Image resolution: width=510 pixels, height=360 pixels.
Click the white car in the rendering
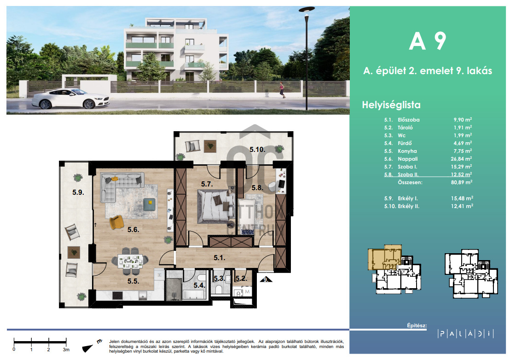(x=70, y=99)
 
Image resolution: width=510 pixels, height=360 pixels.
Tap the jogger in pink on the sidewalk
(x=282, y=90)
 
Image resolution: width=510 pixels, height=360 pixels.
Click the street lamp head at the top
(x=307, y=9)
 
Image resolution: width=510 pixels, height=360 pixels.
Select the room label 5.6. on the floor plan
(x=133, y=230)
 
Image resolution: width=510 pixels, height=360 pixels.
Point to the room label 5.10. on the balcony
(x=257, y=150)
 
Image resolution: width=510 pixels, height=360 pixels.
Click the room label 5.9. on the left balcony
(x=78, y=192)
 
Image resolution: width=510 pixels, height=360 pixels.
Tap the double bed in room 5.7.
(x=216, y=207)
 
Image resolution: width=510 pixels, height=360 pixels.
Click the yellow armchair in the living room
(x=116, y=222)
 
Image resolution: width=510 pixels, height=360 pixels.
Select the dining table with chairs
(x=130, y=261)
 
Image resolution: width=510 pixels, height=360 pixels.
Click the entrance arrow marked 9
(x=266, y=279)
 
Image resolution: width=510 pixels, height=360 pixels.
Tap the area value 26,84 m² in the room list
(x=461, y=159)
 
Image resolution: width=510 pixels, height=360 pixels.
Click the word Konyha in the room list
(x=407, y=151)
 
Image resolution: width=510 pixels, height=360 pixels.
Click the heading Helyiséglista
(x=391, y=105)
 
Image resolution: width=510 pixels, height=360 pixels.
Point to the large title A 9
(x=428, y=41)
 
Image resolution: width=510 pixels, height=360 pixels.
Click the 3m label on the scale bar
(x=66, y=349)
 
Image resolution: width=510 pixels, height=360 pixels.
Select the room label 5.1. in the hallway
(x=220, y=257)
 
